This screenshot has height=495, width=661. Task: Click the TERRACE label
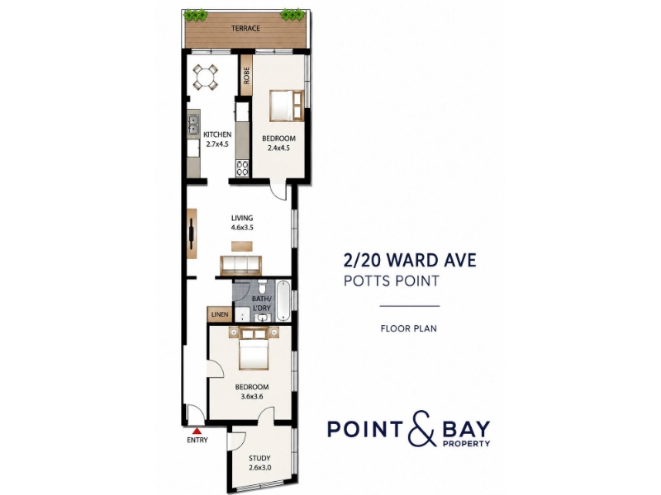point(245,28)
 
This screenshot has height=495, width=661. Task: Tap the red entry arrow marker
point(197,431)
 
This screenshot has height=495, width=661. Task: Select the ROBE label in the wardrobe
point(246,75)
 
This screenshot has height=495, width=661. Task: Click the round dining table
point(205,78)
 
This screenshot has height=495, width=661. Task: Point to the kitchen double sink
point(193,125)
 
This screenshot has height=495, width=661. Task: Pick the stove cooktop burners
point(242,168)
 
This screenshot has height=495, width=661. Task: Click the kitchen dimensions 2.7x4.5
point(217,144)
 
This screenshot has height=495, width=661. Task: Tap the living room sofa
point(240,265)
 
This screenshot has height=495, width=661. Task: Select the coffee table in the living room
point(242,246)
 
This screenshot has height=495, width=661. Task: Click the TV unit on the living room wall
point(192,233)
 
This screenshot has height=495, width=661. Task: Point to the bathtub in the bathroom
point(283,300)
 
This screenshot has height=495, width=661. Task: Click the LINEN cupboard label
point(220,314)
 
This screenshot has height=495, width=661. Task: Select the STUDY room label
point(259,459)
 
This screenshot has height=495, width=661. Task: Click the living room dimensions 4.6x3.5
point(242,228)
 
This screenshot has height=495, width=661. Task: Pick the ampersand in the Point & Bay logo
point(424,428)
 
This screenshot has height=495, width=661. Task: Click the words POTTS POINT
point(392,280)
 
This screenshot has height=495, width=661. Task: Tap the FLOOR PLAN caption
point(408,328)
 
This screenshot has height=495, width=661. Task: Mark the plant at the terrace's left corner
point(196,15)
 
